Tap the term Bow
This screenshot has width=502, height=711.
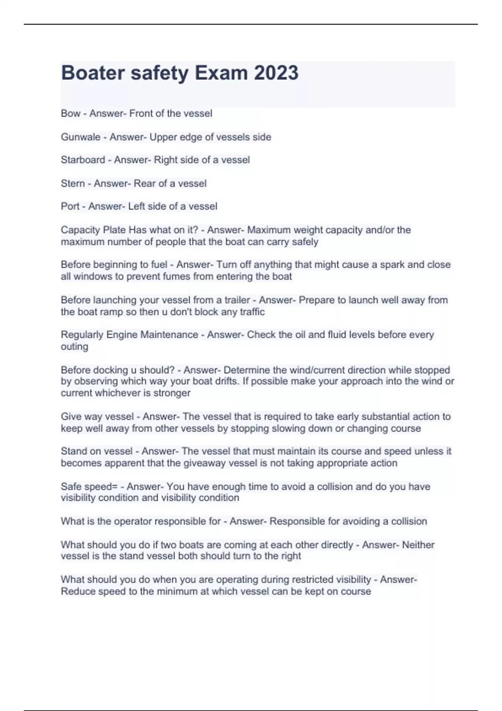[x=70, y=113]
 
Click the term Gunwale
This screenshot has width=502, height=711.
[x=80, y=137]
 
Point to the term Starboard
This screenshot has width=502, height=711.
[x=83, y=160]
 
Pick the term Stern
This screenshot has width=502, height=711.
[x=73, y=183]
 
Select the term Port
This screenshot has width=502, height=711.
[x=70, y=206]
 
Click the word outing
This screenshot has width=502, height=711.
[x=74, y=346]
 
